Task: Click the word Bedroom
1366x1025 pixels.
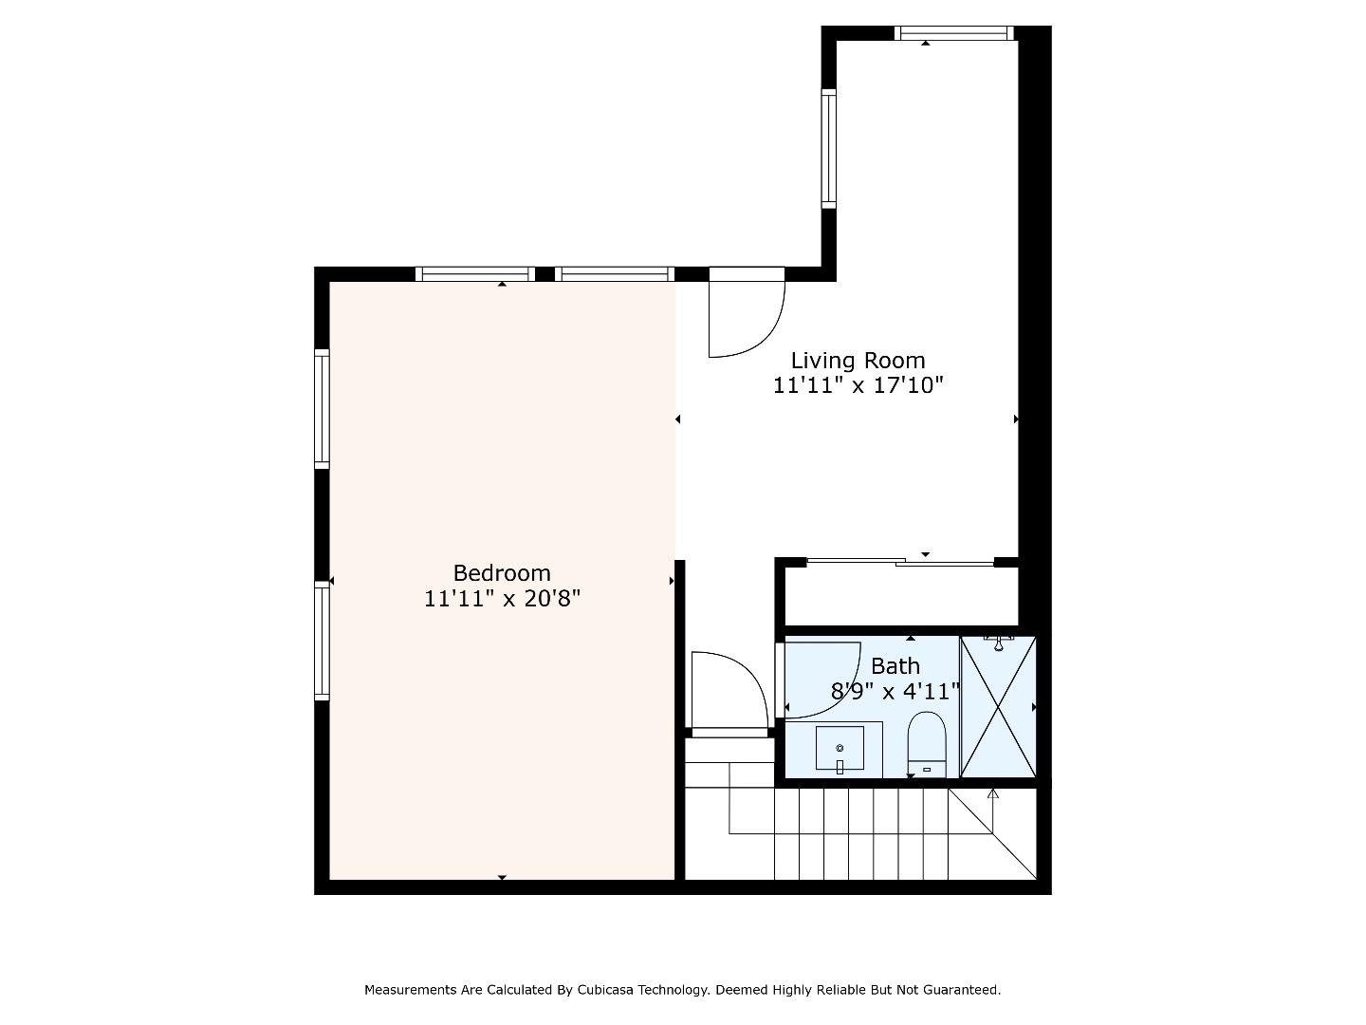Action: click(x=502, y=573)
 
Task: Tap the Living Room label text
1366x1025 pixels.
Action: click(x=858, y=361)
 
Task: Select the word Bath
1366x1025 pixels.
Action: click(x=895, y=666)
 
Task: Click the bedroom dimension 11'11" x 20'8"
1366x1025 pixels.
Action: click(x=502, y=599)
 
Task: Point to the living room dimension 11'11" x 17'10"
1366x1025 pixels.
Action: click(x=858, y=385)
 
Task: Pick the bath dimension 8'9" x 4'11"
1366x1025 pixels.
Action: click(x=895, y=692)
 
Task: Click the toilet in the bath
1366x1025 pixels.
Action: click(x=927, y=744)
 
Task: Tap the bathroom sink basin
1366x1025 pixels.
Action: click(x=840, y=748)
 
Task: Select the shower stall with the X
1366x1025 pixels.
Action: click(x=998, y=707)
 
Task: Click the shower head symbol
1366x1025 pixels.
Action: click(x=998, y=643)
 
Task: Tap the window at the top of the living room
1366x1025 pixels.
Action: click(x=954, y=33)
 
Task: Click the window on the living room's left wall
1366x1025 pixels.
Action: click(x=828, y=149)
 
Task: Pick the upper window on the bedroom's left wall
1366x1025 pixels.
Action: click(x=322, y=409)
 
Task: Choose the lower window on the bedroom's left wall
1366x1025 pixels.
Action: click(x=322, y=641)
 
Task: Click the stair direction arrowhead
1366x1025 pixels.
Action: click(x=992, y=793)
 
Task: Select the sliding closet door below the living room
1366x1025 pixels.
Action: click(x=900, y=562)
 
